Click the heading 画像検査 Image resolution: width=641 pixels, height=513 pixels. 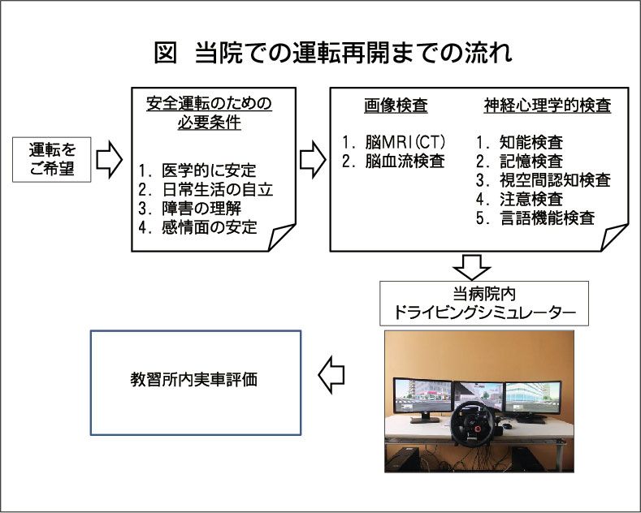pos(396,106)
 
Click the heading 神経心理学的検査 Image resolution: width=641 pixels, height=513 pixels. pos(546,106)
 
